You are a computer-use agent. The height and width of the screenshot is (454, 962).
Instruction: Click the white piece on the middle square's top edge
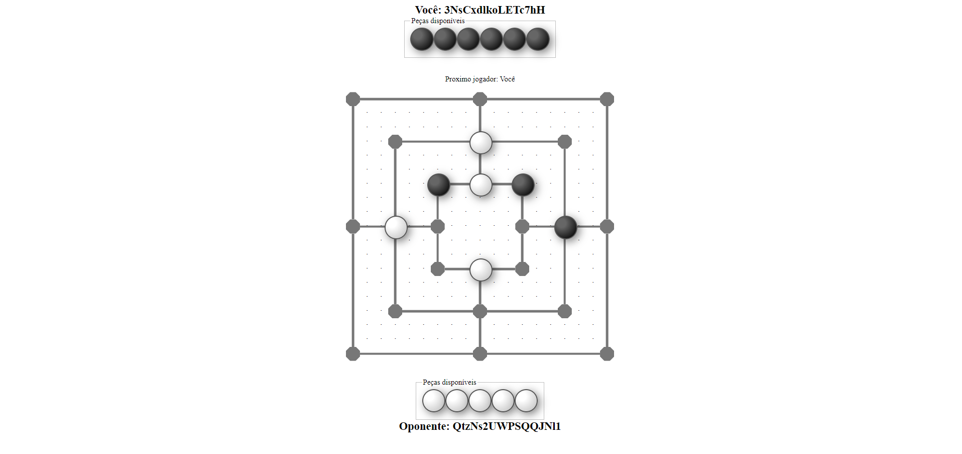[x=480, y=143]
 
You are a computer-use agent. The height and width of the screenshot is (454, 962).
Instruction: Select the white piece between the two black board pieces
[x=480, y=185]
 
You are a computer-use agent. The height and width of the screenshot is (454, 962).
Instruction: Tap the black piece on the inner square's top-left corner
[x=438, y=185]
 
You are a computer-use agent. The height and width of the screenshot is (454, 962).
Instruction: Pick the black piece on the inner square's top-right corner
[x=523, y=185]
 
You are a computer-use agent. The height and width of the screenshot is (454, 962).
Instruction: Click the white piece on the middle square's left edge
[x=396, y=227]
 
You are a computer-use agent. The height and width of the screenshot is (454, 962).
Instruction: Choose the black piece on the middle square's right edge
[x=565, y=227]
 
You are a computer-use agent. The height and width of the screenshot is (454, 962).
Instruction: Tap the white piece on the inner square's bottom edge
[x=480, y=270]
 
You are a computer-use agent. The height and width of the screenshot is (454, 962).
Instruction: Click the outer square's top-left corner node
[x=353, y=99]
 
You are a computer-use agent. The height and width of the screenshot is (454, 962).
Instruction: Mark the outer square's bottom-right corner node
[x=607, y=354]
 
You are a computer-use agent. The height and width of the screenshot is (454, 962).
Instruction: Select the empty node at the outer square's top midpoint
[x=480, y=99]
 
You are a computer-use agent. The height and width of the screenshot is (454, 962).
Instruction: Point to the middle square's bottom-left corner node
[x=395, y=311]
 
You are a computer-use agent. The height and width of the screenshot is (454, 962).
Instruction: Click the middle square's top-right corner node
[x=565, y=142]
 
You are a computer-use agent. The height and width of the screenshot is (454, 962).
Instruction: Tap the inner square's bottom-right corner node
[x=522, y=269]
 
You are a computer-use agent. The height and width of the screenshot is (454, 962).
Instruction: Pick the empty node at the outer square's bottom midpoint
[x=480, y=354]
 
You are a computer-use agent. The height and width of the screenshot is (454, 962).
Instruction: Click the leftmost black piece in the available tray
[x=422, y=39]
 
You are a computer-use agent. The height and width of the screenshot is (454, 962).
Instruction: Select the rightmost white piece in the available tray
[x=526, y=401]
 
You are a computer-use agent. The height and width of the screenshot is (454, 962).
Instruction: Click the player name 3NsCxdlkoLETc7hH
[x=495, y=10]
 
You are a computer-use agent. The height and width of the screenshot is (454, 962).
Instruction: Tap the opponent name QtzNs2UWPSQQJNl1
[x=507, y=426]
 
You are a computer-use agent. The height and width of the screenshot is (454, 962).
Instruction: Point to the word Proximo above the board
[x=457, y=79]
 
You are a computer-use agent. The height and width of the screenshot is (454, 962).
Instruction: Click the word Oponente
[x=424, y=426]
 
